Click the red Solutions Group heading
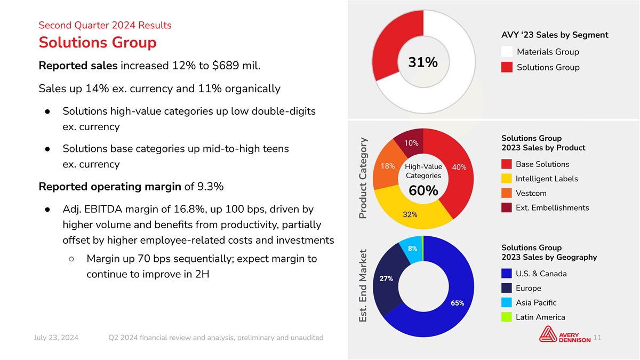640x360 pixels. pyautogui.click(x=98, y=42)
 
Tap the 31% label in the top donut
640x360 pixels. pyautogui.click(x=423, y=63)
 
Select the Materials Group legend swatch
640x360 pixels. pyautogui.click(x=507, y=52)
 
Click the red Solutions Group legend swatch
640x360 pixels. pyautogui.click(x=507, y=67)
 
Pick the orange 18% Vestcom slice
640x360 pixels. pyautogui.click(x=387, y=166)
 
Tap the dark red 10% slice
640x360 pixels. pyautogui.click(x=411, y=142)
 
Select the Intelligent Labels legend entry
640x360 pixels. pyautogui.click(x=547, y=179)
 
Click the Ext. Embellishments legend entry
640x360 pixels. pyautogui.click(x=552, y=207)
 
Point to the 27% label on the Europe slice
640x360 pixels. pyautogui.click(x=387, y=278)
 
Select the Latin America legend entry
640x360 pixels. pyautogui.click(x=540, y=317)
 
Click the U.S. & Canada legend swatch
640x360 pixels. pyautogui.click(x=507, y=274)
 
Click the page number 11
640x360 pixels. pyautogui.click(x=597, y=338)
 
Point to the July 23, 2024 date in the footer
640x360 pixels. pyautogui.click(x=56, y=338)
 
